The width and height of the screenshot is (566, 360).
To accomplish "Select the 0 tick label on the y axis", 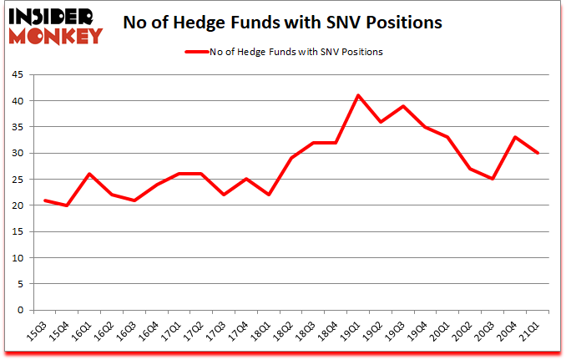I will [23, 311].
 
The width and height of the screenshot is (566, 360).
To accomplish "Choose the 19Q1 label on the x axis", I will [352, 330].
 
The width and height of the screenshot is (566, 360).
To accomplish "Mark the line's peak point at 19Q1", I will [358, 95].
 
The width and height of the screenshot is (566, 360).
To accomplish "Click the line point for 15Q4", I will [66, 205].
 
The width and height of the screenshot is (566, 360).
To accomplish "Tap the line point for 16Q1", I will [88, 174].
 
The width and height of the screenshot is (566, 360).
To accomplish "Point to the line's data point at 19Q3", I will [403, 106].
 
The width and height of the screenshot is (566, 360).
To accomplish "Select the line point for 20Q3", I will [493, 179].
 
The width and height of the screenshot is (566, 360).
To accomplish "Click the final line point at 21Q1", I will [538, 153].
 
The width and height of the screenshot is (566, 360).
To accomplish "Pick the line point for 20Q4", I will [516, 137].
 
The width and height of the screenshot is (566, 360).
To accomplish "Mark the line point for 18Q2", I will [291, 158].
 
